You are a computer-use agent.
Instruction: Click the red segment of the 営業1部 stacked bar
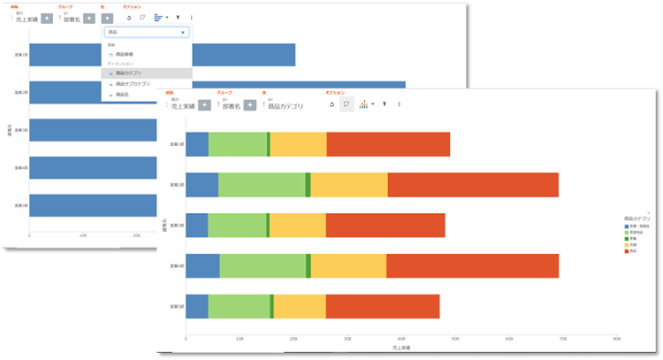[388, 144]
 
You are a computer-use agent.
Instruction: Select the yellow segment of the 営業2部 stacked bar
[348, 185]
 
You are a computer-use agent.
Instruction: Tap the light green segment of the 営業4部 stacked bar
[263, 266]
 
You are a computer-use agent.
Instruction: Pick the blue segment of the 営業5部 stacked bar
[196, 306]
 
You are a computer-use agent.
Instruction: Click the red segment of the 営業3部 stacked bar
[385, 226]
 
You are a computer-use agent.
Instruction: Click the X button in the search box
[183, 32]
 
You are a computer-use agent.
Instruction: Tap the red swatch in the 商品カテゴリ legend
[627, 251]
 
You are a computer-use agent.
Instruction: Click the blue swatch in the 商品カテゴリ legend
[627, 226]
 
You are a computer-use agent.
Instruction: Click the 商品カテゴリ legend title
[636, 218]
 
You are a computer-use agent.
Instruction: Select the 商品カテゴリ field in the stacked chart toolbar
[285, 105]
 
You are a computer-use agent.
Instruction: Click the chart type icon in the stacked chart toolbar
[364, 104]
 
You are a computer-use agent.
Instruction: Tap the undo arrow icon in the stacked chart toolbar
[331, 104]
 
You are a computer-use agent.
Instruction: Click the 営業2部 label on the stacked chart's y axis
[173, 185]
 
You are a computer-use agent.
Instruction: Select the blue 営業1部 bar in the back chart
[159, 55]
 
